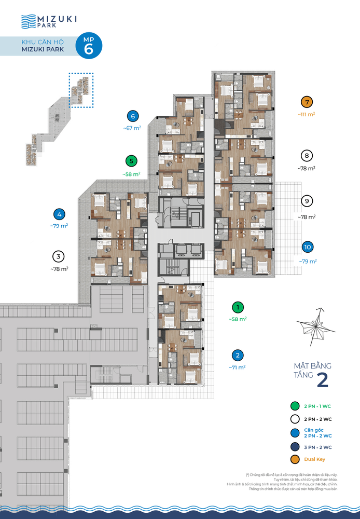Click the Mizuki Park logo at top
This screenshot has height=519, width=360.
(x=49, y=21)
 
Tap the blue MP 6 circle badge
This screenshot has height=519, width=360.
(x=89, y=46)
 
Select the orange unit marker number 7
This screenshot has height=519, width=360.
(x=307, y=102)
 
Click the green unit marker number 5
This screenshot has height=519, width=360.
(x=132, y=161)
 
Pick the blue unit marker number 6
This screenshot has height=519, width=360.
(x=133, y=116)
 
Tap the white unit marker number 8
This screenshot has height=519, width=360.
(x=307, y=155)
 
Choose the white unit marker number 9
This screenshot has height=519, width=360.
(x=307, y=201)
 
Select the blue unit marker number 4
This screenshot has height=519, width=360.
(x=60, y=213)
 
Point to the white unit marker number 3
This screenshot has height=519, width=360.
(x=59, y=256)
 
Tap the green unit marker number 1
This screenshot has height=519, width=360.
(x=238, y=307)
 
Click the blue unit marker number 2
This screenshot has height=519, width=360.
(x=237, y=356)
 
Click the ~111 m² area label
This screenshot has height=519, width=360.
(x=307, y=114)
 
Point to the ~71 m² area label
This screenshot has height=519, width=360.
(x=237, y=367)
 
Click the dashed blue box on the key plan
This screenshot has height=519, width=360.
(x=81, y=90)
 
